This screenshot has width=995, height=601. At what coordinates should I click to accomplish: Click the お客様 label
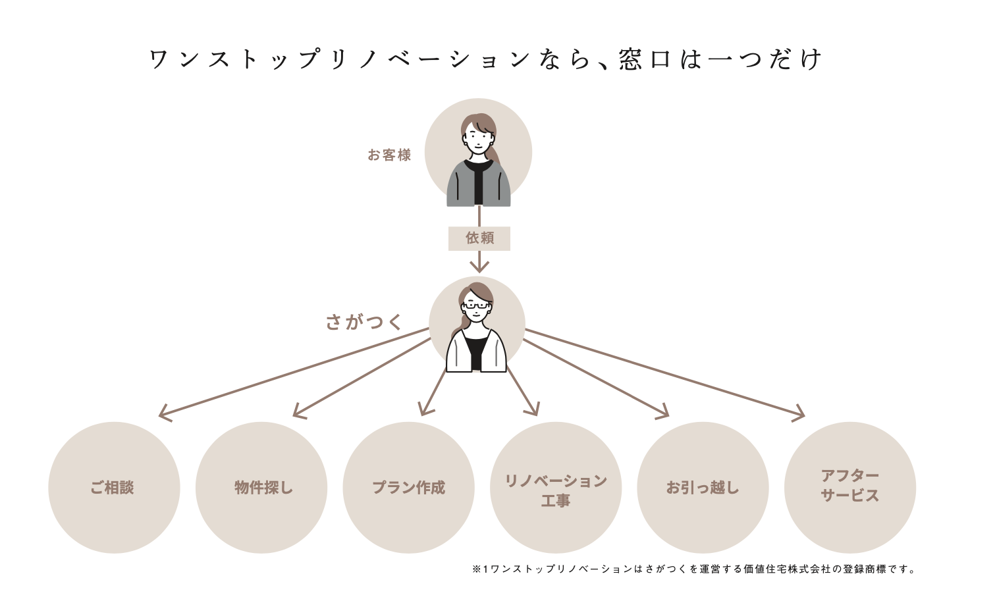(389, 155)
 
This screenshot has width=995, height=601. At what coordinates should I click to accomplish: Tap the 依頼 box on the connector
(479, 238)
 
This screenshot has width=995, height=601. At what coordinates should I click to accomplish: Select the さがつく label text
(363, 322)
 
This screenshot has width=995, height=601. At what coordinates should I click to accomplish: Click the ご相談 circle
(114, 487)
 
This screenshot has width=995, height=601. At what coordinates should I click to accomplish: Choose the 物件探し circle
(261, 487)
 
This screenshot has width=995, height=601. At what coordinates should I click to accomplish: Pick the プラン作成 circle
(408, 487)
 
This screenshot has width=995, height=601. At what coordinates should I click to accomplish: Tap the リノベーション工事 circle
(556, 487)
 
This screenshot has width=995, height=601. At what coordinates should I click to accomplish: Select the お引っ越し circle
(703, 487)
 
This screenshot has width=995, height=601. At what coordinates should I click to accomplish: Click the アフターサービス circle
(850, 487)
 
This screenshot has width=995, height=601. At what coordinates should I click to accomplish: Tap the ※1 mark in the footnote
(480, 569)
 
